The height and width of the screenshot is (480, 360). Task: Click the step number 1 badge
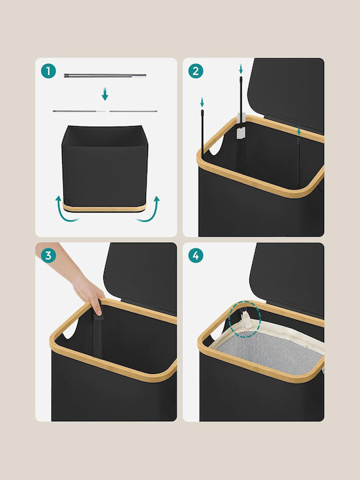[49, 71]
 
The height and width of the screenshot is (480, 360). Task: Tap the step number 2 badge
[196, 71]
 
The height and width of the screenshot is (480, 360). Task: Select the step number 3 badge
[49, 255]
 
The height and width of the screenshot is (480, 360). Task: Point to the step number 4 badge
[196, 255]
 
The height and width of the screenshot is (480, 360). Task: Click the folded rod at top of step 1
[105, 75]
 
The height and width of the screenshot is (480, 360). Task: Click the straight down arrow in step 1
[105, 94]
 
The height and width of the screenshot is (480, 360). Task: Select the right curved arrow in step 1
[149, 209]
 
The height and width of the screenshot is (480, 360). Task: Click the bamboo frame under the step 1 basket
[105, 207]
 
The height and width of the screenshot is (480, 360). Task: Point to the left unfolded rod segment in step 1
[79, 111]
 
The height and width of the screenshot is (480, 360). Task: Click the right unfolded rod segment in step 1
[133, 111]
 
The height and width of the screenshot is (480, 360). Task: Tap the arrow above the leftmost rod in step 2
[202, 102]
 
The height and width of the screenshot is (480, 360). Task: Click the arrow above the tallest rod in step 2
[241, 69]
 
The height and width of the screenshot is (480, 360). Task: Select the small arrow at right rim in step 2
[299, 131]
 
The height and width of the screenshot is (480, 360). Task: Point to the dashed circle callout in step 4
[245, 320]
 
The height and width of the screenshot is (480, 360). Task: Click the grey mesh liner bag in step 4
[269, 352]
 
